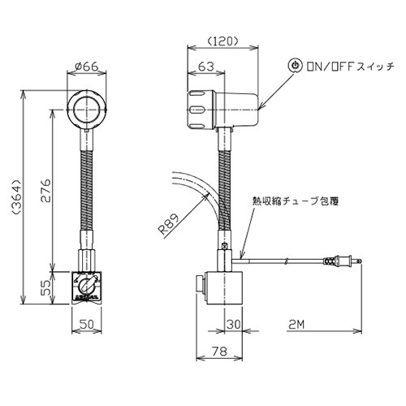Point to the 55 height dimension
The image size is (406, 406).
[47, 287]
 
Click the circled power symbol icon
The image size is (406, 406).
[296, 65]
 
